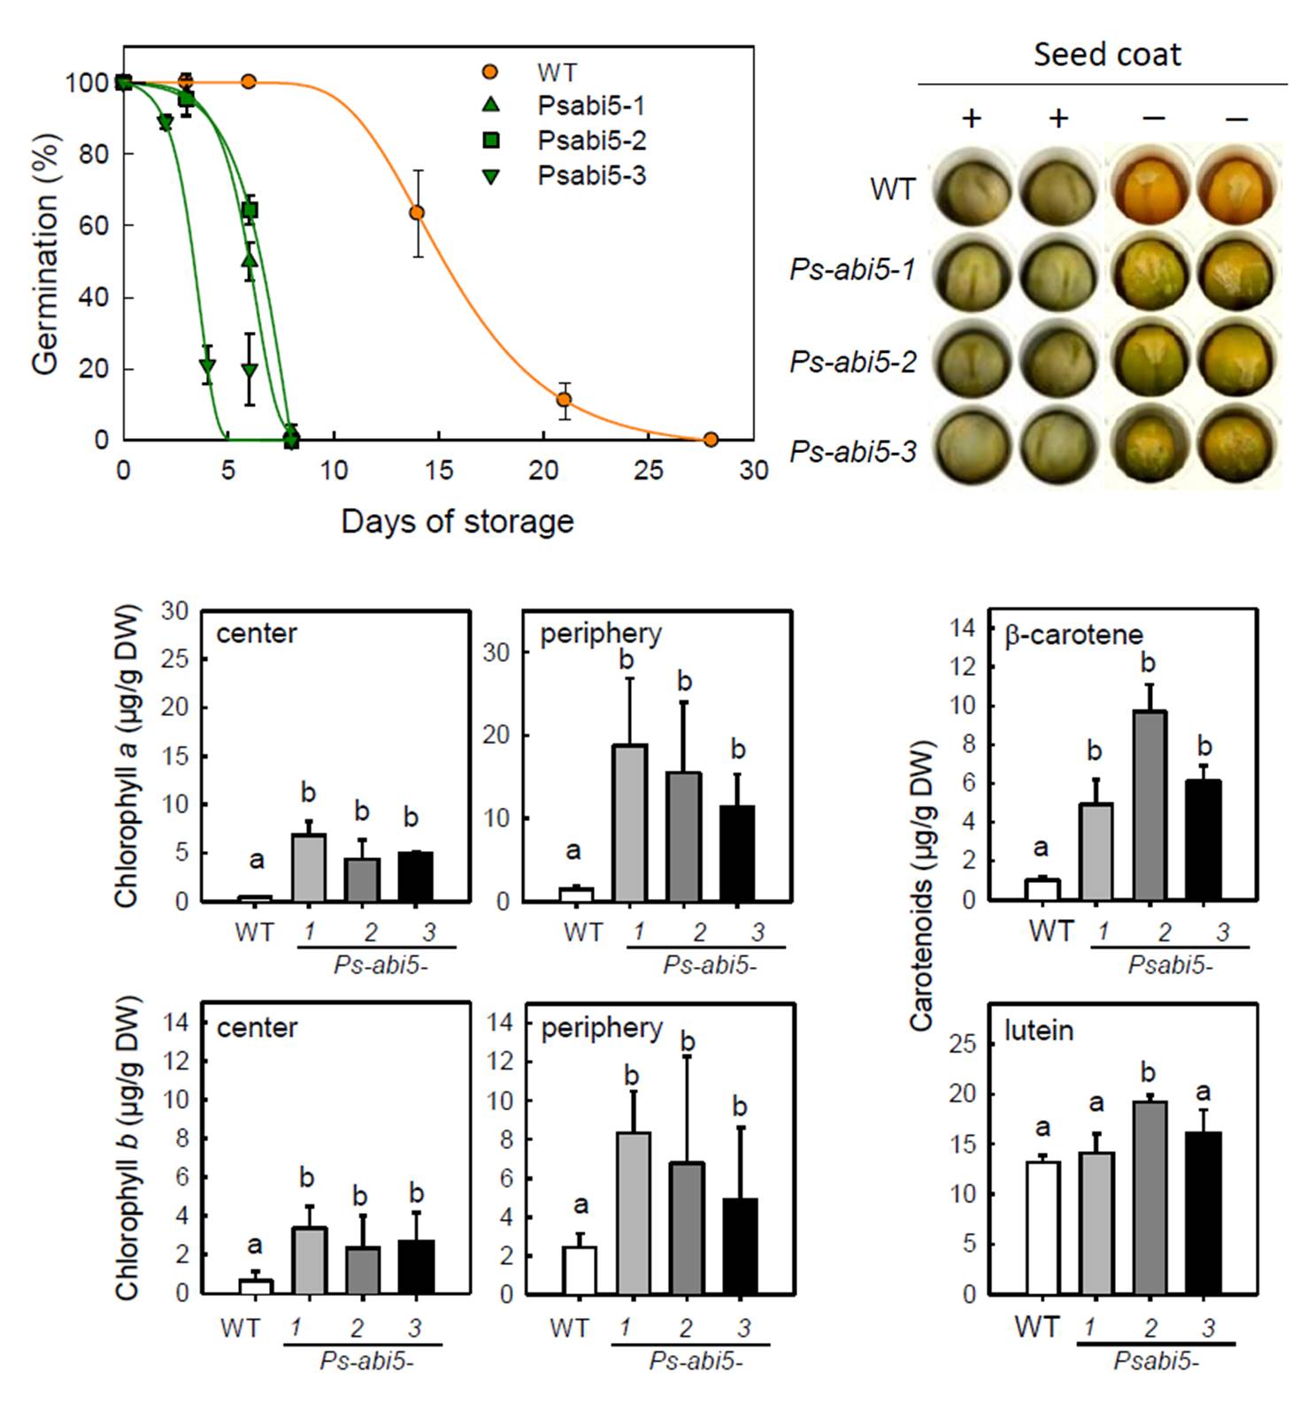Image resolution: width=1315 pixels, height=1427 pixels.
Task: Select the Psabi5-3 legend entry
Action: (591, 175)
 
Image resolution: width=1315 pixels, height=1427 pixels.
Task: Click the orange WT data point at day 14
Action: (417, 212)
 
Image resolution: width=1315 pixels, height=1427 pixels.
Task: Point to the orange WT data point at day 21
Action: (564, 400)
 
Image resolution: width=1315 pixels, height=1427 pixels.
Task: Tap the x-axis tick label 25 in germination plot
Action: (649, 471)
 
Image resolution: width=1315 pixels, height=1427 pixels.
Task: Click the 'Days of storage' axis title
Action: (457, 521)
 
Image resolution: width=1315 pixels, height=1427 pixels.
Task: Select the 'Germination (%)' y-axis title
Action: (46, 255)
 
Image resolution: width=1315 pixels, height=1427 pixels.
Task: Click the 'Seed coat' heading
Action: (1106, 55)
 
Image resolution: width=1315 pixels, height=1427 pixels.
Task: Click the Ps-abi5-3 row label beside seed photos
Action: (852, 452)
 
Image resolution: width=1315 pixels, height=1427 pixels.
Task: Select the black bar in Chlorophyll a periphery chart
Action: (738, 853)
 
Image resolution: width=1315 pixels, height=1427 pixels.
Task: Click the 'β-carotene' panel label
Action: (1073, 635)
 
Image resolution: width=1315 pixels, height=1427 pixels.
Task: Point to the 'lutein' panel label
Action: (1039, 1031)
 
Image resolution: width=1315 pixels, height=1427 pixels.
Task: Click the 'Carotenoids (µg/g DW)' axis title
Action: (922, 885)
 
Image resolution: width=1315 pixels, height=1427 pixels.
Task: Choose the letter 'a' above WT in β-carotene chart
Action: (1041, 848)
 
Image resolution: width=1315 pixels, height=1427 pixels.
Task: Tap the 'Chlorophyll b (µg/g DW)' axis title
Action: (127, 1148)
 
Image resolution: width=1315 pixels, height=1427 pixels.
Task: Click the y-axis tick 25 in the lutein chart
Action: (964, 1045)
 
